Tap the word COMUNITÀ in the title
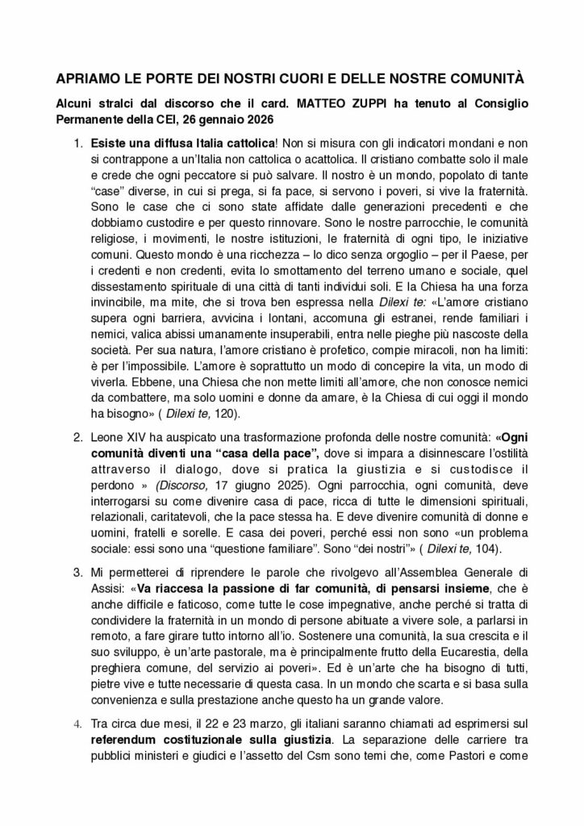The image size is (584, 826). (483, 80)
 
